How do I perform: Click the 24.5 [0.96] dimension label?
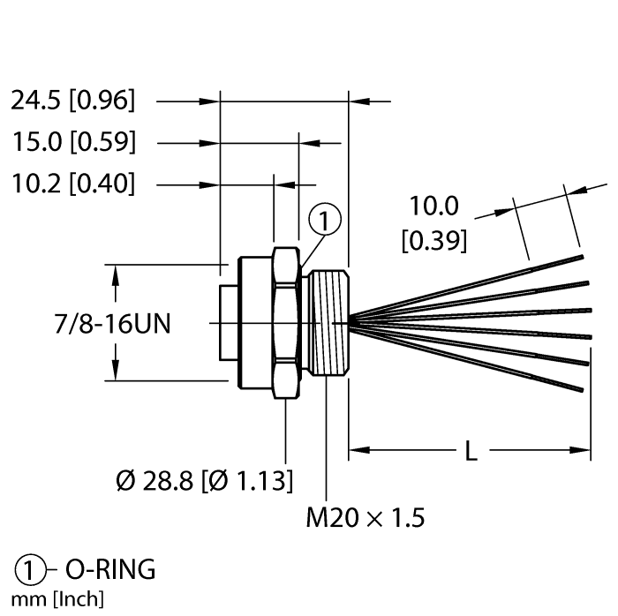point(73,101)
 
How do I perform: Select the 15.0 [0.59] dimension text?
point(73,142)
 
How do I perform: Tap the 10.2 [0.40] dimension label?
point(73,184)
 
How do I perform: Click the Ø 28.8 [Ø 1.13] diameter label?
point(205,480)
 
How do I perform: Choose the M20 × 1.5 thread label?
point(365,517)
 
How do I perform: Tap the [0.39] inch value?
point(433,240)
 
